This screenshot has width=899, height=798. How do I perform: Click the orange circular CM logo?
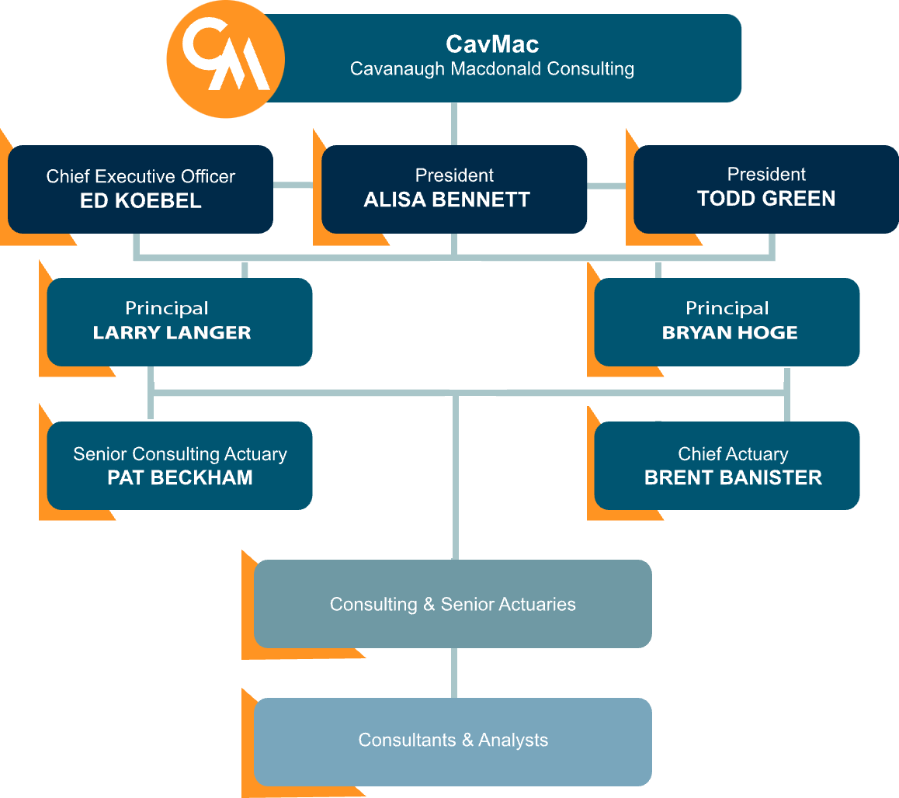(226, 60)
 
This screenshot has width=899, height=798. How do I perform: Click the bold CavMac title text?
(492, 43)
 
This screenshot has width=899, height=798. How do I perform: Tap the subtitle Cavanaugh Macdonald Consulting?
(492, 68)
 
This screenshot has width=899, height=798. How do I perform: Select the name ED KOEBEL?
(141, 201)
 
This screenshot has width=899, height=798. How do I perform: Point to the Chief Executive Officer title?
(141, 176)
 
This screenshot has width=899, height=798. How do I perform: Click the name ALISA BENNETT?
(447, 199)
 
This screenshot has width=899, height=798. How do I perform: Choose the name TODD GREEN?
(766, 199)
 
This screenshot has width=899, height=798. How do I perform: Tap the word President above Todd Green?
(766, 174)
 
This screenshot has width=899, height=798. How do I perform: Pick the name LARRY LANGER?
(172, 333)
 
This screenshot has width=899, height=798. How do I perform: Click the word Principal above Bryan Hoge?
(727, 308)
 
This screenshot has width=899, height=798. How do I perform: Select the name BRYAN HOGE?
(730, 333)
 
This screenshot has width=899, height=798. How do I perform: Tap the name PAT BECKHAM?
(180, 477)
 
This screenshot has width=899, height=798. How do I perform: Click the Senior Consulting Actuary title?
(180, 453)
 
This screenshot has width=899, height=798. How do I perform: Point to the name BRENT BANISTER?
(733, 477)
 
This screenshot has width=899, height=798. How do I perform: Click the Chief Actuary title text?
(733, 453)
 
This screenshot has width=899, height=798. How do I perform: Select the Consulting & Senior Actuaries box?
(453, 604)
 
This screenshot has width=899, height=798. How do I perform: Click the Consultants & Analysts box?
(453, 740)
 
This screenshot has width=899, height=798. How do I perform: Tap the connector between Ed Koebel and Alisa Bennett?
(297, 185)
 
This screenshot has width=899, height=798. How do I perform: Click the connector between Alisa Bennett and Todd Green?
(610, 185)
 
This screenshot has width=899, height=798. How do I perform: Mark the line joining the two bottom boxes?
(454, 673)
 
